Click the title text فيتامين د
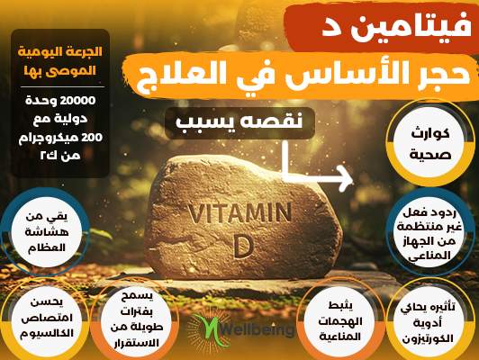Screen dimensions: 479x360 [x=396, y=29]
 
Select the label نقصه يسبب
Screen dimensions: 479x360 [x=239, y=122]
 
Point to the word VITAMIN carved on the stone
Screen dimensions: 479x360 [x=239, y=212]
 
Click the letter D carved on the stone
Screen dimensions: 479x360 [x=243, y=246]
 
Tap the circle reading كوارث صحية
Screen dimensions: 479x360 [x=429, y=142]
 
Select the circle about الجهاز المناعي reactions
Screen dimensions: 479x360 [x=429, y=231]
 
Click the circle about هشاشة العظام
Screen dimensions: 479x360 [x=46, y=231]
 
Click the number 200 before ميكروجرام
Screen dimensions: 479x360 [x=92, y=138]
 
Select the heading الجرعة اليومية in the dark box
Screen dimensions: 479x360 [x=59, y=51]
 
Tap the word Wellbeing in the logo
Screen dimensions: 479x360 [x=258, y=329]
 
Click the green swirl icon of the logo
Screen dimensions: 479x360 [x=209, y=329]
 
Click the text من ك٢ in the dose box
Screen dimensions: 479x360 [x=60, y=156]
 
